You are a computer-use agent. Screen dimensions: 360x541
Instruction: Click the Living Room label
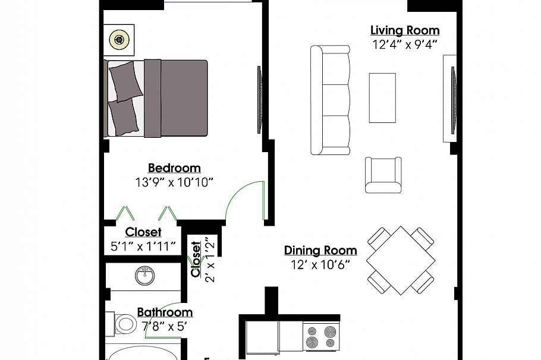pos(405,30)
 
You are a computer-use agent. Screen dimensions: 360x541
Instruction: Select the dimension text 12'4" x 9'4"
pos(405,45)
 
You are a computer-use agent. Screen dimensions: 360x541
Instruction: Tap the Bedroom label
pos(174,168)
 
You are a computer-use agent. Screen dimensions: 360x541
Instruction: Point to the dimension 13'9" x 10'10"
pos(174,182)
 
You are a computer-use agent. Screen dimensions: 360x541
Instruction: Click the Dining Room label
pos(320,250)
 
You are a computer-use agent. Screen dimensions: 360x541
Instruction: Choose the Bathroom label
pos(165,312)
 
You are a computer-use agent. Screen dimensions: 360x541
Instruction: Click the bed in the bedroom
pos(158,99)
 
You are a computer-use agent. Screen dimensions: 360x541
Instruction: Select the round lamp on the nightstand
pos(120,40)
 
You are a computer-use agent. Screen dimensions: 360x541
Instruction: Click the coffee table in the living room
pos(382,96)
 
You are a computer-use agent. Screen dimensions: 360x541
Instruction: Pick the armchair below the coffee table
pos(383,175)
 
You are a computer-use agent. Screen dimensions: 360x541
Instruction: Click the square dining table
pos(400,259)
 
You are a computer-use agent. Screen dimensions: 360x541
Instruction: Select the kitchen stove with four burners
pos(321,336)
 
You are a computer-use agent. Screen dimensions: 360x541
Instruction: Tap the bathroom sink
pos(143,276)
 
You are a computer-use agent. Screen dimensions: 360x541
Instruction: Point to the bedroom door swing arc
pos(244,199)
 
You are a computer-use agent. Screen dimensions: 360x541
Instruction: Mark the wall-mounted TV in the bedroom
pos(259,99)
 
